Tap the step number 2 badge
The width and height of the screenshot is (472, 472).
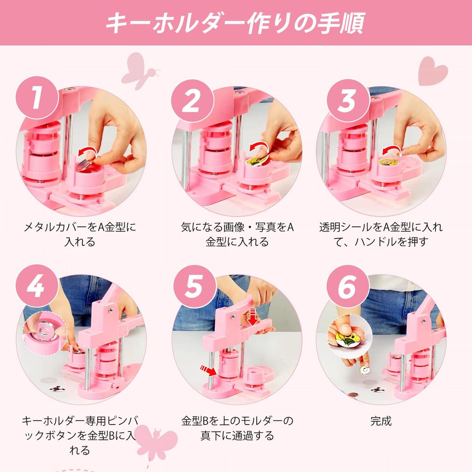193,100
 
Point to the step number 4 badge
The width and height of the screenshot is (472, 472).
37,286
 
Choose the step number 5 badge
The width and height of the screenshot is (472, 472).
195,286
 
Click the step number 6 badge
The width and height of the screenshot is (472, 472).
348,286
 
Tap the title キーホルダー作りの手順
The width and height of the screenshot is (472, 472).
236,23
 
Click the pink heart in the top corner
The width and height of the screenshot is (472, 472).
433,71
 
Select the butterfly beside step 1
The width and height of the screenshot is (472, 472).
140,71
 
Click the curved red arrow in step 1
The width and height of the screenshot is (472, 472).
87,152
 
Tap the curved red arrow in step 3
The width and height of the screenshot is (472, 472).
392,151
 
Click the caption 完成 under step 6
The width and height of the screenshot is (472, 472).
381,421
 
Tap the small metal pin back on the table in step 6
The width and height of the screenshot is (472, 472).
365,370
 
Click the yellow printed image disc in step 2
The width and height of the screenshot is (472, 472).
256,159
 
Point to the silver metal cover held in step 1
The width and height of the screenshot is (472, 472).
83,164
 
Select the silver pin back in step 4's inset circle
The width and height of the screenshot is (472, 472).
44,330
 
